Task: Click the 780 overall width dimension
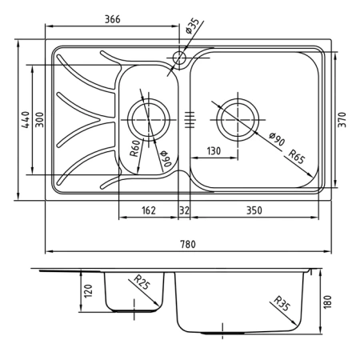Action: (x=190, y=244)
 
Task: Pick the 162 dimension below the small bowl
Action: (x=148, y=210)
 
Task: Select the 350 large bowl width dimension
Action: (x=254, y=210)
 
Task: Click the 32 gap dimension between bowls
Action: (x=184, y=210)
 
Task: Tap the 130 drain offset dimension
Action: (x=213, y=151)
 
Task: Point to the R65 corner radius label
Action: (x=296, y=157)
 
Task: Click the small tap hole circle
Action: (x=178, y=58)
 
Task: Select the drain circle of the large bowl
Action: (x=238, y=118)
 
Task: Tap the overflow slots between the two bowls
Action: (x=190, y=118)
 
